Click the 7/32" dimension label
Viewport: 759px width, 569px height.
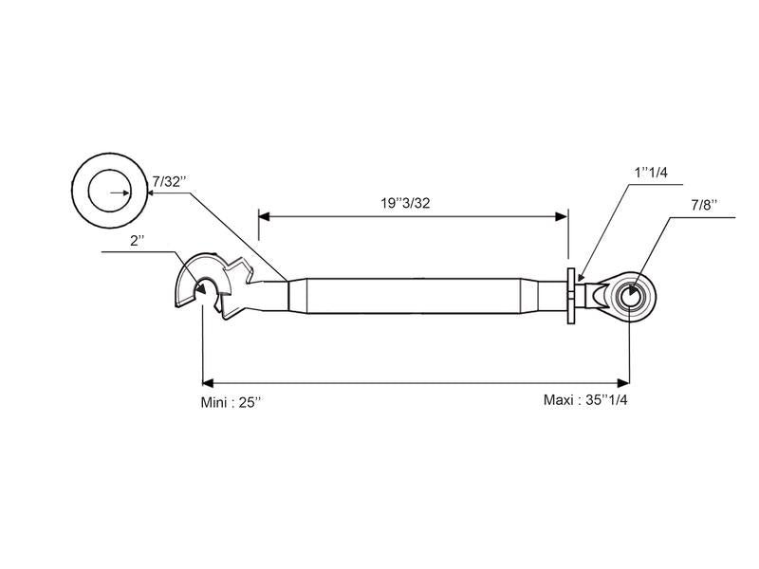click(170, 182)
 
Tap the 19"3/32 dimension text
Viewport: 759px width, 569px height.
click(405, 203)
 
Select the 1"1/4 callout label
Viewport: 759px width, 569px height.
click(651, 173)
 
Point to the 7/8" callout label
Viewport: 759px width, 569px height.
click(704, 205)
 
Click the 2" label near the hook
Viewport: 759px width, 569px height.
click(138, 241)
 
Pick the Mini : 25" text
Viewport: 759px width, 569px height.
click(231, 402)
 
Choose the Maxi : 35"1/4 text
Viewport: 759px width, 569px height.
click(585, 400)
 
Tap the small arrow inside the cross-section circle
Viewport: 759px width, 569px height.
click(120, 193)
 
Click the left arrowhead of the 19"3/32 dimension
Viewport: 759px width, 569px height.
click(264, 216)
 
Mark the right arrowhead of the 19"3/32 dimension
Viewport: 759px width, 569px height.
click(562, 216)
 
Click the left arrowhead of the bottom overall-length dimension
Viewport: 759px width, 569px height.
click(208, 383)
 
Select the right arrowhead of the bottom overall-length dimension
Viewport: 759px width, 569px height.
click(623, 383)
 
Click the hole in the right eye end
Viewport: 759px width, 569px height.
click(630, 297)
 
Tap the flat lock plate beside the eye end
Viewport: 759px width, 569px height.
click(571, 296)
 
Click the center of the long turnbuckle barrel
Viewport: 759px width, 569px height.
click(414, 296)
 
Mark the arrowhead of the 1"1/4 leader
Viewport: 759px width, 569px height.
click(582, 278)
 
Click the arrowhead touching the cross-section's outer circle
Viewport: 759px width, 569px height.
click(150, 193)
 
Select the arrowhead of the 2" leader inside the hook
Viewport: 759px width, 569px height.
click(201, 288)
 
